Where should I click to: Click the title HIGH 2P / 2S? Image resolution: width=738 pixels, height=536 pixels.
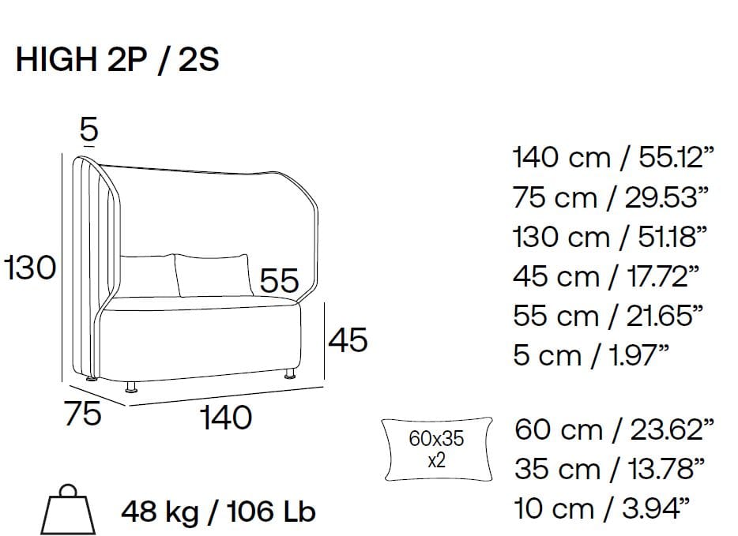coord(118,60)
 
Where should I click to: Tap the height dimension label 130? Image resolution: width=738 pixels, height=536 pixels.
coord(30,268)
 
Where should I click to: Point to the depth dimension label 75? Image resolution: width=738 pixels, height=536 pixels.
coord(83,414)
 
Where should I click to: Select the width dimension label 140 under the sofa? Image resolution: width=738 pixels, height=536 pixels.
coord(227,418)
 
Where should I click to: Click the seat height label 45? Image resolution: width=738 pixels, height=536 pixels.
coord(348,340)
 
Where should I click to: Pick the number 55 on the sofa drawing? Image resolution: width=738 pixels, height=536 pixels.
coord(280,281)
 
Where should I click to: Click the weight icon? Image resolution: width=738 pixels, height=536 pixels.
coord(68,510)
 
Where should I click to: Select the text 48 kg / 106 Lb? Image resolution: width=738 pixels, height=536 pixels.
coord(218,512)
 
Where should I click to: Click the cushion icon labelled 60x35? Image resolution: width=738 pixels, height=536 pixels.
coord(438,449)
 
